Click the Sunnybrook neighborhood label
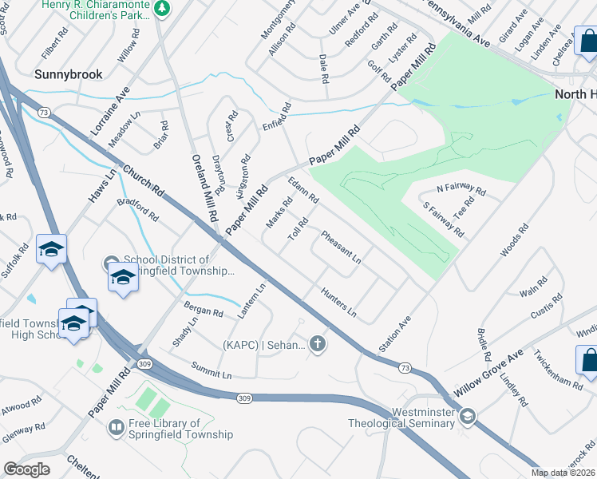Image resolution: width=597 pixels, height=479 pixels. point(68,74)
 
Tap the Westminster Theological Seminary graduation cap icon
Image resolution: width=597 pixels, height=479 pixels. point(467,415)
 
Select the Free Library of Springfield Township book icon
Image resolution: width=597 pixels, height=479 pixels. point(117,429)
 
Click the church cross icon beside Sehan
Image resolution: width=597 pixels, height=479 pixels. point(318,345)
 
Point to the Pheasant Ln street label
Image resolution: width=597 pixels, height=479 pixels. point(341,247)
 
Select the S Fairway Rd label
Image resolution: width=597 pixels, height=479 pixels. point(444,218)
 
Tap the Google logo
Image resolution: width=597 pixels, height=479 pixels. point(27,469)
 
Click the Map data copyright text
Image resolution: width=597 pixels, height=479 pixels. point(563,473)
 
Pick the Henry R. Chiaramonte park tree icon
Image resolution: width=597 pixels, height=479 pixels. point(162,8)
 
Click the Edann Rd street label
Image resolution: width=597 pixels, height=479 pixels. point(303,189)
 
